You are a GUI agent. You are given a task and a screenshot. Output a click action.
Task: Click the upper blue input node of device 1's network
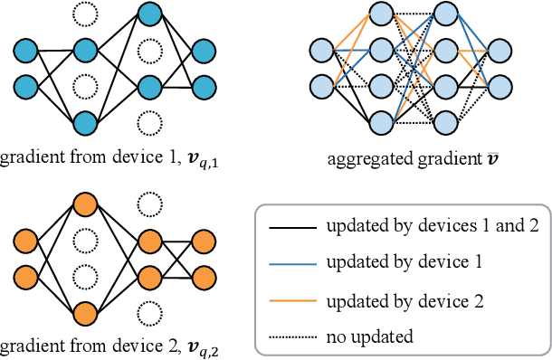(25, 50)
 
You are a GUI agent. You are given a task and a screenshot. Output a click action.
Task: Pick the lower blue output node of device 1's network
(204, 86)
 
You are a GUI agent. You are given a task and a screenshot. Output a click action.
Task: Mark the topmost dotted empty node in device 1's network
(85, 14)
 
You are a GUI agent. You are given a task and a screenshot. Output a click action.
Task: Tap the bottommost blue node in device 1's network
(85, 122)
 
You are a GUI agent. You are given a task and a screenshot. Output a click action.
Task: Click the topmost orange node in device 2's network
(85, 204)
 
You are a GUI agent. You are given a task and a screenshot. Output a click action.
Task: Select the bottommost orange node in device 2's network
(85, 313)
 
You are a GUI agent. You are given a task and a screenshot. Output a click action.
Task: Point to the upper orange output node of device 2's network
(204, 242)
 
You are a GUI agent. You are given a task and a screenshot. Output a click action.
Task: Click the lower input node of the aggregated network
(322, 86)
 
